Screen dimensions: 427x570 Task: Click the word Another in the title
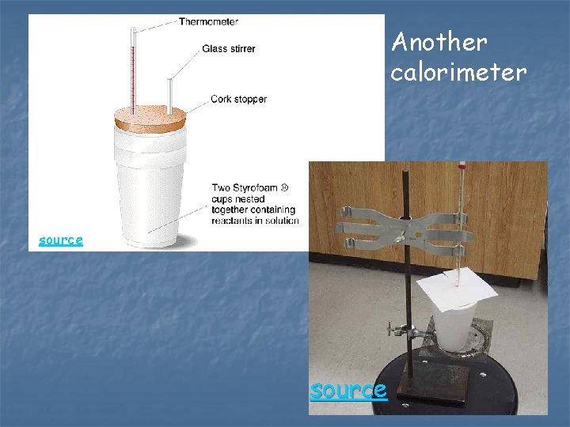click(x=439, y=41)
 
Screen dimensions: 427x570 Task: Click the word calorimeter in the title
click(x=458, y=73)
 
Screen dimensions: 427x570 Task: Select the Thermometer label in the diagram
click(x=208, y=21)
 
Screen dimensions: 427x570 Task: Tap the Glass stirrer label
click(x=229, y=49)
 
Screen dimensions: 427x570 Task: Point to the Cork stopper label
click(x=238, y=100)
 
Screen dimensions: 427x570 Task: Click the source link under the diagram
click(x=61, y=240)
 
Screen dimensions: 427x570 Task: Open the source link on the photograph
click(x=348, y=390)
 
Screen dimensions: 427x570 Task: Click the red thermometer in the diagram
click(x=134, y=71)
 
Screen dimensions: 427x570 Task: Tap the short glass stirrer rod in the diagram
click(x=170, y=95)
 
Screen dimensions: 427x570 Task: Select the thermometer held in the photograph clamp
click(x=458, y=229)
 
